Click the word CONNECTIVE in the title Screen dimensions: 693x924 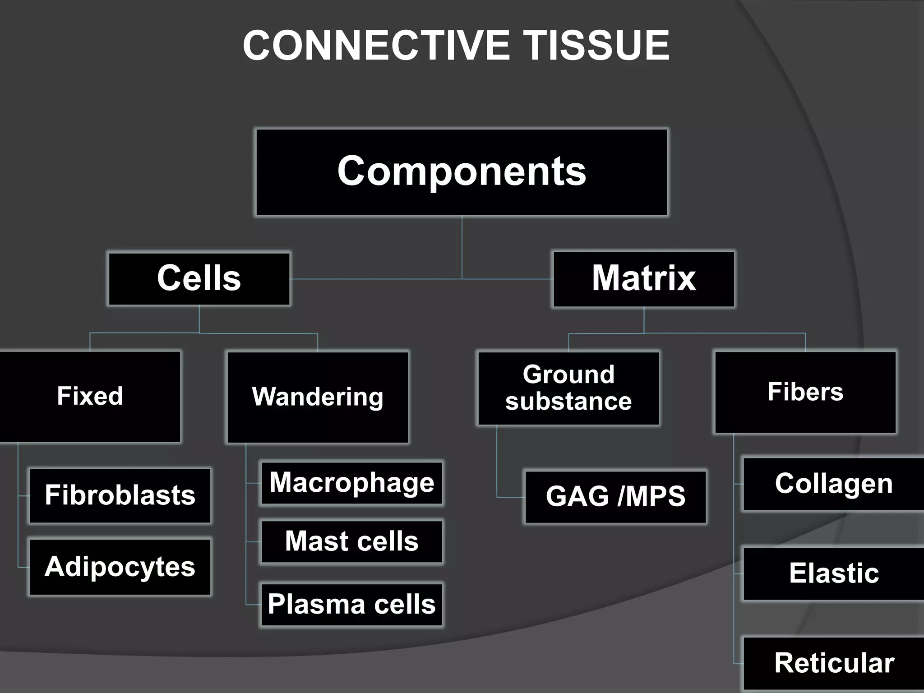376,45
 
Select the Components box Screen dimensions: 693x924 462,172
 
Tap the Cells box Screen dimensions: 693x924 199,279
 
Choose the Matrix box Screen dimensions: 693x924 644,279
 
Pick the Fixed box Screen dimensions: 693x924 90,397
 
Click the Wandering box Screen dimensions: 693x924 318,397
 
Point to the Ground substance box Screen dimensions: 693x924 568,388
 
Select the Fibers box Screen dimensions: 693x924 805,392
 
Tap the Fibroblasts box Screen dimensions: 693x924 120,495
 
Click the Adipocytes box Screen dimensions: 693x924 120,567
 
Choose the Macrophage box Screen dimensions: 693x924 351,483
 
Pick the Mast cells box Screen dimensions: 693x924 351,541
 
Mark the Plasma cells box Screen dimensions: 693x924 351,605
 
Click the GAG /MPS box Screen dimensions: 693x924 615,497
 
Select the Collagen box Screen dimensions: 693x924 833,484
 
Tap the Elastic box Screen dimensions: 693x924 833,573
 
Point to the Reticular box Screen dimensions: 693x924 833,663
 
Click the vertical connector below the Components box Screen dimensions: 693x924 462,247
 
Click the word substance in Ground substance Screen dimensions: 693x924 568,402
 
